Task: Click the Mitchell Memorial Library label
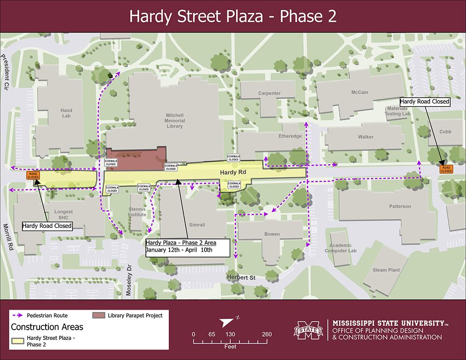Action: click(x=175, y=121)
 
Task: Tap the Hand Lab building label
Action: click(x=66, y=114)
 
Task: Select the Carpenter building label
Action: click(x=269, y=93)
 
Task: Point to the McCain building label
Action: click(x=359, y=92)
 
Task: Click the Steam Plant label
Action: click(x=386, y=270)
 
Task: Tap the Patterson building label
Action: click(x=400, y=206)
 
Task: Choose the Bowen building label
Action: click(x=272, y=234)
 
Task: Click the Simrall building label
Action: click(x=197, y=224)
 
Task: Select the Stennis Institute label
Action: click(x=137, y=212)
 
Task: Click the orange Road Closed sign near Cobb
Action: click(x=446, y=170)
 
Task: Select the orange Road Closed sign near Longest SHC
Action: click(x=33, y=175)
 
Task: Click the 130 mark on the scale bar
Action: click(x=230, y=334)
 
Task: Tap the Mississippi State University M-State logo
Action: click(x=308, y=332)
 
